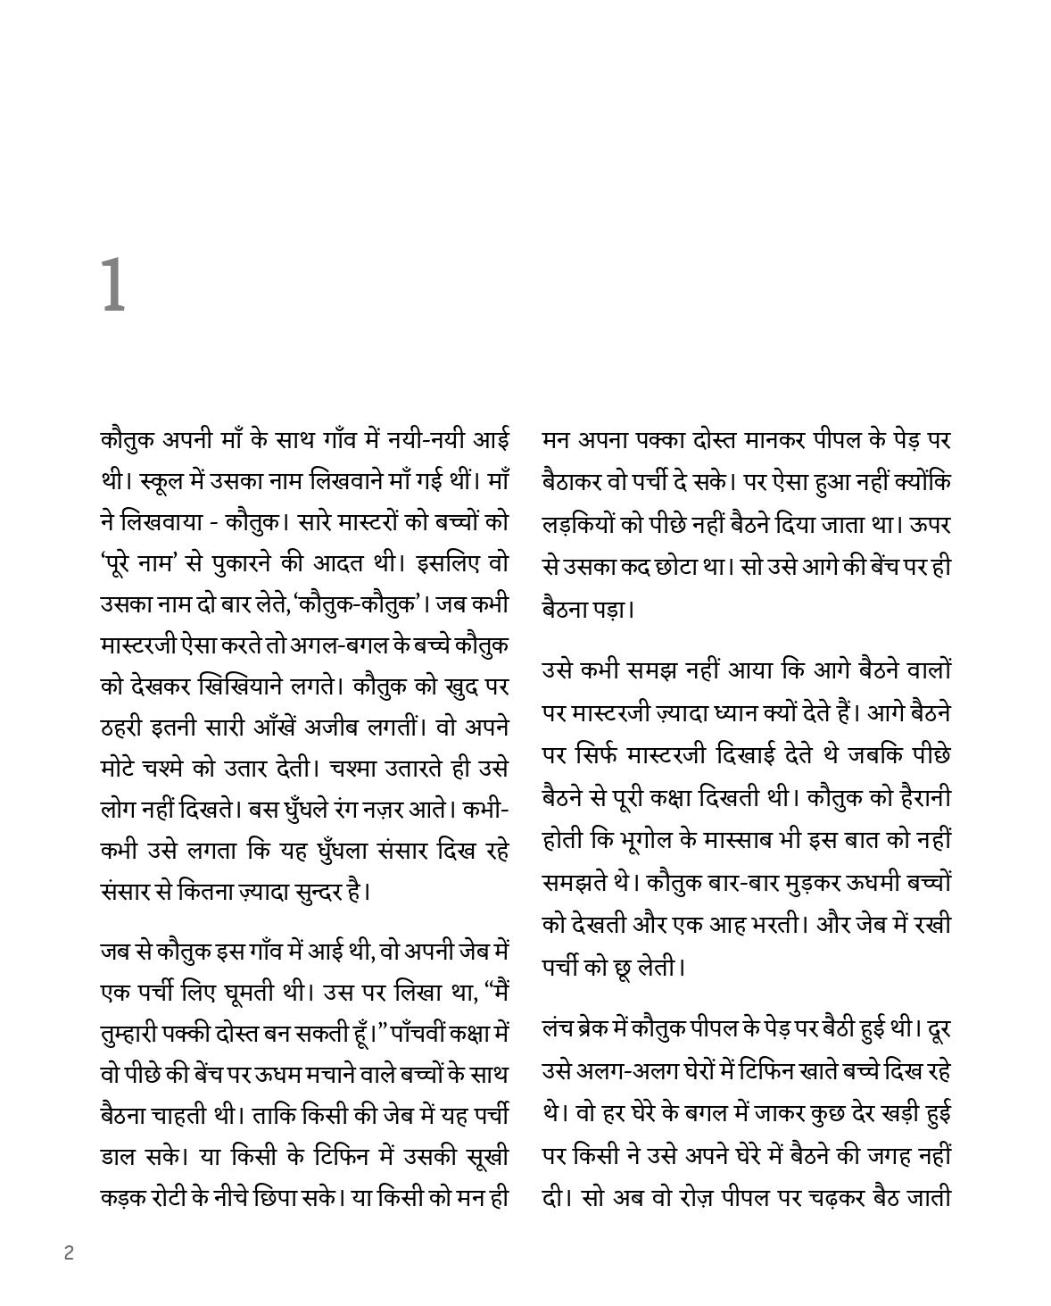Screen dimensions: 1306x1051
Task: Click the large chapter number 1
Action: (x=113, y=285)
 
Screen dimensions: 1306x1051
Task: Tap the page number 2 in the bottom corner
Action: (x=70, y=1252)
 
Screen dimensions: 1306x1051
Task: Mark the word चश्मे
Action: (x=176, y=769)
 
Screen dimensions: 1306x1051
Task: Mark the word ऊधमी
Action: (x=846, y=883)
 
